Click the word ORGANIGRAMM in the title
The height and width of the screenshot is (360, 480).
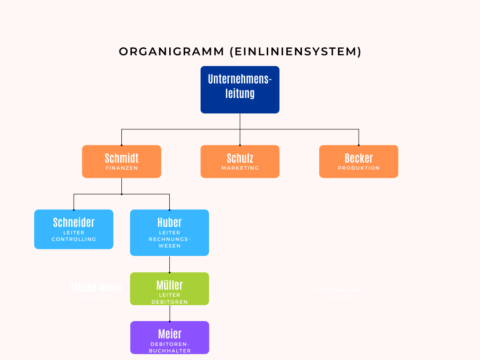coord(172,52)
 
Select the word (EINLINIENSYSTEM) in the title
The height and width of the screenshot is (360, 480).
coord(296,52)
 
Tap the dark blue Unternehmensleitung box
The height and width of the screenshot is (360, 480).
coord(240,90)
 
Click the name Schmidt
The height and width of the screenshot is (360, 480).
coord(121,158)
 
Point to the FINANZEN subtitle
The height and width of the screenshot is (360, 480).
coord(121,168)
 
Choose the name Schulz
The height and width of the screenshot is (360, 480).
coord(240,158)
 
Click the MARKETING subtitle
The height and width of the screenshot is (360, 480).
coord(240,168)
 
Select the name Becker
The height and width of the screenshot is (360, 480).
coord(359,158)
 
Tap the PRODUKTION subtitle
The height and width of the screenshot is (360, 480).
coord(359,168)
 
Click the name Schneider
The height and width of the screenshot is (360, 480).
coord(74,222)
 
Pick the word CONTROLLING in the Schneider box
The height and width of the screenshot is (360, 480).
coord(74,239)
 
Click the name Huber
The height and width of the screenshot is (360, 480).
coord(169,222)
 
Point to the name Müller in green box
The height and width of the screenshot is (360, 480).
coord(169,285)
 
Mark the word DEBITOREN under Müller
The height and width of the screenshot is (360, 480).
coord(169,302)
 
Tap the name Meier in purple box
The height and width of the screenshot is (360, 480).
coord(169,334)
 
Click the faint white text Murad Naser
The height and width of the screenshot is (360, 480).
coord(97,287)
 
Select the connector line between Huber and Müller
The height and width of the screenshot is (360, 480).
coord(169,264)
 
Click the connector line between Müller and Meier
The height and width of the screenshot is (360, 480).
coord(169,313)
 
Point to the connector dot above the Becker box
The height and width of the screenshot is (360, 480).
coord(359,145)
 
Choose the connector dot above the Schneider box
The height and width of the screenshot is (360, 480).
coord(74,210)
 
